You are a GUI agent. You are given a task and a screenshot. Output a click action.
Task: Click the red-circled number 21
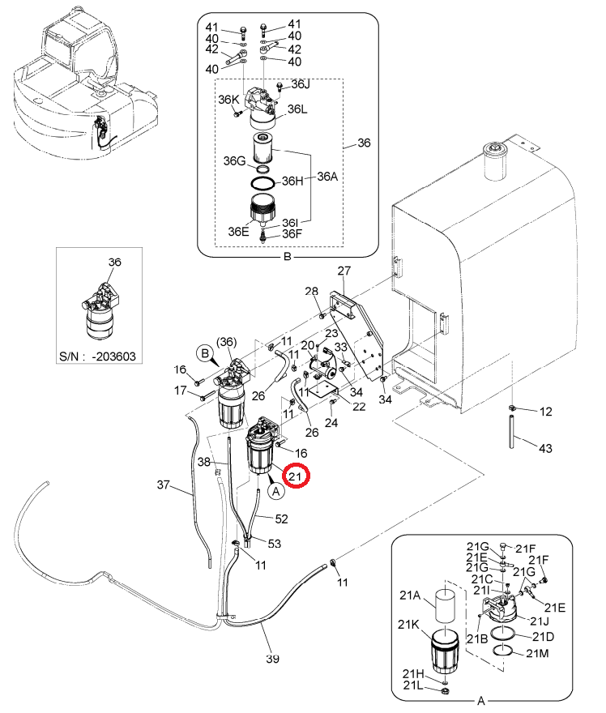(x=296, y=476)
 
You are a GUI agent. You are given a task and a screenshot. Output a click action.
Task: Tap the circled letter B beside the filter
(x=205, y=354)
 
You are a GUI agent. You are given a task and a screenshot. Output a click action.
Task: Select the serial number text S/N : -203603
(x=98, y=356)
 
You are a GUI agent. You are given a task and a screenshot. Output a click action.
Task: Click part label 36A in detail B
(x=327, y=177)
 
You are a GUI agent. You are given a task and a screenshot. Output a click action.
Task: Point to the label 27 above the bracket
(x=344, y=271)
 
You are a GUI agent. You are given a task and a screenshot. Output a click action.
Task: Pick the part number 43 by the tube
(x=545, y=448)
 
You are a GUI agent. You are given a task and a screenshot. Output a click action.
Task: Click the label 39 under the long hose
(x=272, y=659)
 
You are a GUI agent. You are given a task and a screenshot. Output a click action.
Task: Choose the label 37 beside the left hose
(x=164, y=485)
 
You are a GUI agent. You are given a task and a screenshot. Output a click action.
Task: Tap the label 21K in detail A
(x=408, y=625)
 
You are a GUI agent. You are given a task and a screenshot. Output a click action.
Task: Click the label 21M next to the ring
(x=537, y=653)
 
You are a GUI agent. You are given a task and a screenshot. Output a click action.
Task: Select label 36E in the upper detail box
(x=239, y=232)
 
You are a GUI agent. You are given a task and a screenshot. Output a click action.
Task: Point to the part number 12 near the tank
(x=545, y=412)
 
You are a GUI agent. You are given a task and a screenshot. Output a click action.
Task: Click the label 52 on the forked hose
(x=281, y=519)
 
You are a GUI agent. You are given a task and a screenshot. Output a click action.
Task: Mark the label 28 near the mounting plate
(x=311, y=291)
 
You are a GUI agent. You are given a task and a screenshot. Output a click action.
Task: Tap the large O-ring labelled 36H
(x=263, y=183)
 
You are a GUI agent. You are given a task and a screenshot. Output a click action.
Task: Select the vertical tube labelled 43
(x=511, y=432)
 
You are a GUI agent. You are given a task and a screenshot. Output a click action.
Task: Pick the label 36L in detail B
(x=298, y=109)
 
